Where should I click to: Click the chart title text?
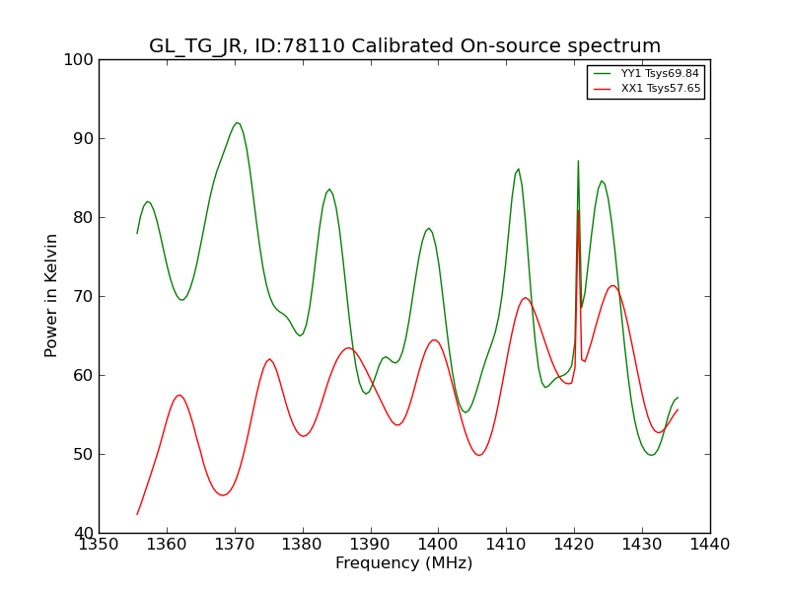(404, 45)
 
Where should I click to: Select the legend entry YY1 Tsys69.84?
(647, 73)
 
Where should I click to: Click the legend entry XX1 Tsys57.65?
(647, 89)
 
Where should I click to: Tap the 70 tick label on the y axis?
(81, 297)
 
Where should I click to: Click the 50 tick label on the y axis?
(81, 455)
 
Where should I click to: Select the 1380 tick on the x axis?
(303, 545)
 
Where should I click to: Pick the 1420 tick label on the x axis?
(574, 545)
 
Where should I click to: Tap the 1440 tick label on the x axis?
(710, 545)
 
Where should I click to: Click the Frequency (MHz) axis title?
(404, 563)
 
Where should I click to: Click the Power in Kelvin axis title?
(51, 296)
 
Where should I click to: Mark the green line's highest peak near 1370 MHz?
(237, 122)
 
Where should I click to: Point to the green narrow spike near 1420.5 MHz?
(578, 161)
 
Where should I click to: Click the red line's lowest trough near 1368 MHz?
(224, 495)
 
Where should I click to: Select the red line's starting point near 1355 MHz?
(137, 514)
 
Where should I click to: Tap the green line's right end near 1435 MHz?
(678, 398)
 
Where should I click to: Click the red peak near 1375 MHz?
(269, 359)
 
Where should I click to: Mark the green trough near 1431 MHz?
(651, 455)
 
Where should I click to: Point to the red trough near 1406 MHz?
(479, 456)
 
